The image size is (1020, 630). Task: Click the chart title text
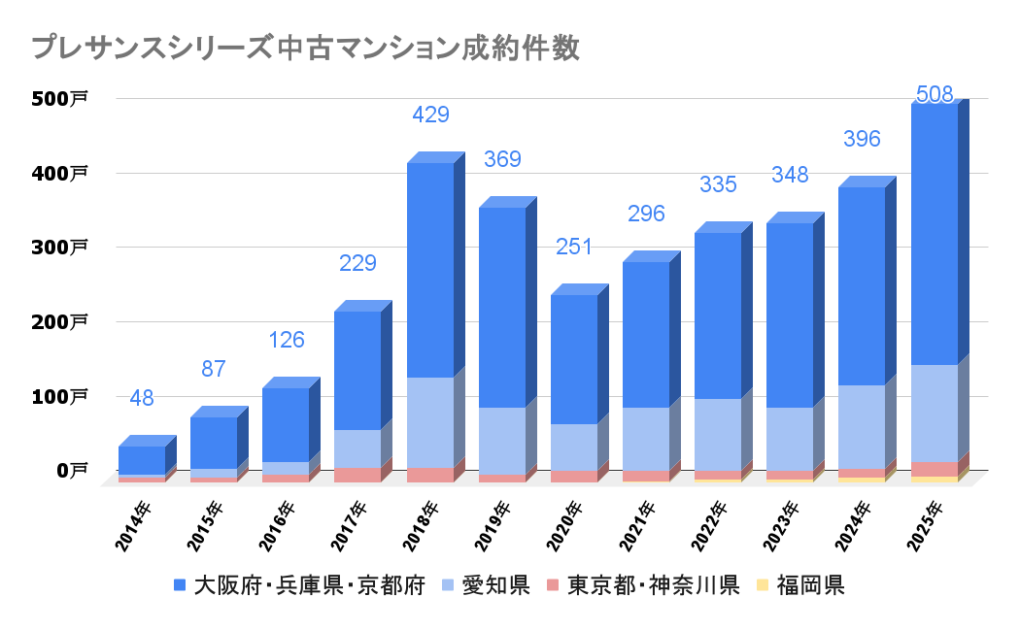306,49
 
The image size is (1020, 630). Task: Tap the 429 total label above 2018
430,116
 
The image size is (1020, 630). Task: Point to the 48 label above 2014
142,398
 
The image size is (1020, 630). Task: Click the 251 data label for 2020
574,248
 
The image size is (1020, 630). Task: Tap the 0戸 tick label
70,471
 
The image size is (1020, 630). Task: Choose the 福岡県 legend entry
798,585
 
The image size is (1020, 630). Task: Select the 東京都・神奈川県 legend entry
642,585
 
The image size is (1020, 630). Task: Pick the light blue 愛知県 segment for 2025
934,413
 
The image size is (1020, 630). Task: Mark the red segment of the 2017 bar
357,475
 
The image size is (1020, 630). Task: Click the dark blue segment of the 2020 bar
573,359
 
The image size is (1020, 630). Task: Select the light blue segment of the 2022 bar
717,434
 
